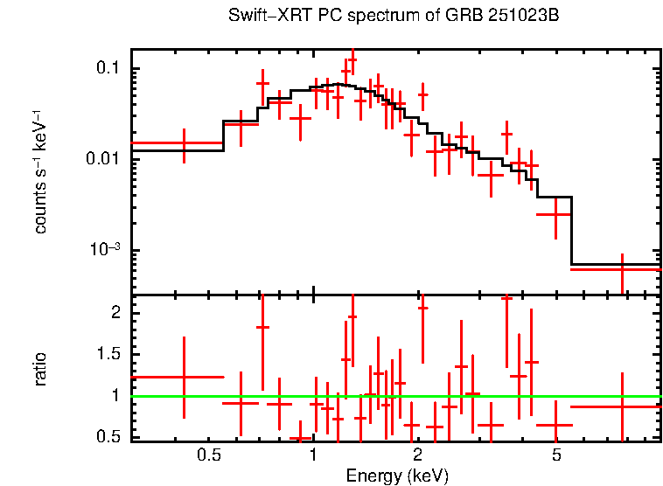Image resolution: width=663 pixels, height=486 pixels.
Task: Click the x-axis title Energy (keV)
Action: pyautogui.click(x=397, y=476)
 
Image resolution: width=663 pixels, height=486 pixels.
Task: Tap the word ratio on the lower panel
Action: pyautogui.click(x=40, y=370)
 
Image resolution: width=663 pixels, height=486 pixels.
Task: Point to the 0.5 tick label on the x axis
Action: pyautogui.click(x=208, y=455)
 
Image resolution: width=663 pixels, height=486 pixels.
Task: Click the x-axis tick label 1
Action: pyautogui.click(x=313, y=455)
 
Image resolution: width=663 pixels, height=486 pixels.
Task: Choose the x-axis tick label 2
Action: pyautogui.click(x=418, y=455)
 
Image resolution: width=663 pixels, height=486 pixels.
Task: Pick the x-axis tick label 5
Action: pyautogui.click(x=556, y=455)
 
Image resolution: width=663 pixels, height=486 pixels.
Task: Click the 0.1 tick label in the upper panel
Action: pyautogui.click(x=107, y=69)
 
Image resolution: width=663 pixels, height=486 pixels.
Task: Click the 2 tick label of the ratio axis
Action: pyautogui.click(x=114, y=312)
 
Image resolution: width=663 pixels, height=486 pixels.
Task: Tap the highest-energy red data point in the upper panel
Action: pyautogui.click(x=621, y=269)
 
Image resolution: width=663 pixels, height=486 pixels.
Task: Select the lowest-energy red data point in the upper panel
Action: pyautogui.click(x=184, y=142)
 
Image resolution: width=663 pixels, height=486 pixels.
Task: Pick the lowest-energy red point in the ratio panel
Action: pyautogui.click(x=184, y=377)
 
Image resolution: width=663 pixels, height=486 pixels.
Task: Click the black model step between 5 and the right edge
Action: pyautogui.click(x=616, y=264)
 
